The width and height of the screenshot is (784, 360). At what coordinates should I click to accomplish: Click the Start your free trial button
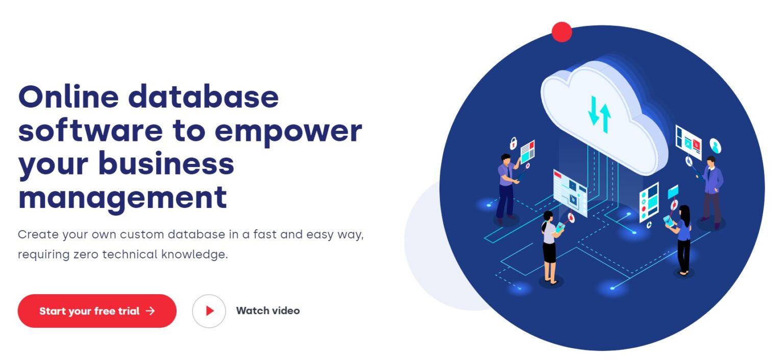[97, 311]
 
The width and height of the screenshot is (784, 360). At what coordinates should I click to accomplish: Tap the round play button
[209, 311]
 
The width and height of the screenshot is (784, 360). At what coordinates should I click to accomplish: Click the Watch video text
[268, 310]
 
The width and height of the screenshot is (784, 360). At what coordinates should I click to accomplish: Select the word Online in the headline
[68, 96]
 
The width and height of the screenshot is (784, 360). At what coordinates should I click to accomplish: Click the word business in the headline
[166, 163]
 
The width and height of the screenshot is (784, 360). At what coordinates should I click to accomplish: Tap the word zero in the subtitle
[86, 255]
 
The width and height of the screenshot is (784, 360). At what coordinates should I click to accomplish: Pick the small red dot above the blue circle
[562, 32]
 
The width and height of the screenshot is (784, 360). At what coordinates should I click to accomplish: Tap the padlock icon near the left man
[513, 143]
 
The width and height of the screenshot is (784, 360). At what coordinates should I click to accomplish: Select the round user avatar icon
[716, 146]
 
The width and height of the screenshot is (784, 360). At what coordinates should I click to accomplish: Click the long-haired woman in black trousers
[682, 240]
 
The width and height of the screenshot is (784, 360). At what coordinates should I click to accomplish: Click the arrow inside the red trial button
[151, 311]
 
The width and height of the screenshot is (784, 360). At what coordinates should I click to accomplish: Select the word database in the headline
[204, 96]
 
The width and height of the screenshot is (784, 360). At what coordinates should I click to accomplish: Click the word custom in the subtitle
[142, 234]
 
